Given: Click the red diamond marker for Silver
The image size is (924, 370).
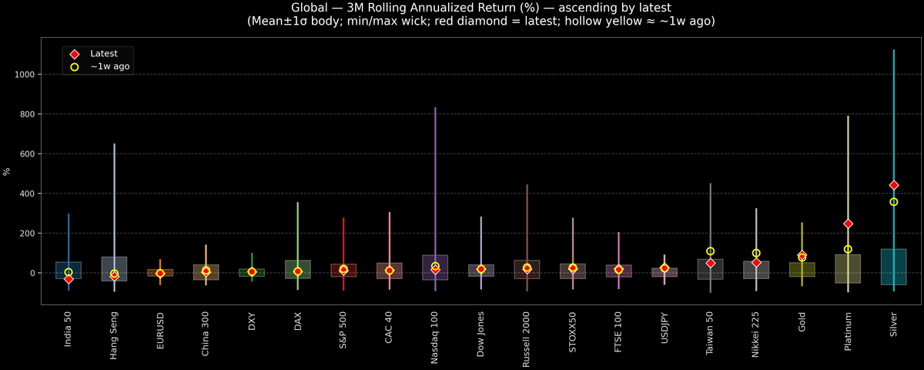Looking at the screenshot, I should click(893, 185).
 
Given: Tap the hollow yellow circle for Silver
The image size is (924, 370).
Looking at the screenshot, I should click(893, 202).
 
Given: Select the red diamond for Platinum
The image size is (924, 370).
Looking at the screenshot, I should click(848, 224).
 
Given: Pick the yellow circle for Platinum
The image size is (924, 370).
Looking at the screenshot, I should click(848, 249).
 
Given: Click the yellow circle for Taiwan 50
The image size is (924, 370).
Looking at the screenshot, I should click(710, 251).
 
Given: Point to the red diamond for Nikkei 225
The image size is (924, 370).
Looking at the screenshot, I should click(756, 262).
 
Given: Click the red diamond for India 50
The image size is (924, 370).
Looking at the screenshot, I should click(69, 279).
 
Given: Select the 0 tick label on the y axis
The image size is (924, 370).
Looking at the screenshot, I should click(34, 273).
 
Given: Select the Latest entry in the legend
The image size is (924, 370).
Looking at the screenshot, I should click(104, 54).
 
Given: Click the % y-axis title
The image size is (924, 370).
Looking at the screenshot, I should click(7, 171).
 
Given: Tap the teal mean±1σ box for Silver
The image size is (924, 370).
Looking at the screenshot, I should click(893, 267).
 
